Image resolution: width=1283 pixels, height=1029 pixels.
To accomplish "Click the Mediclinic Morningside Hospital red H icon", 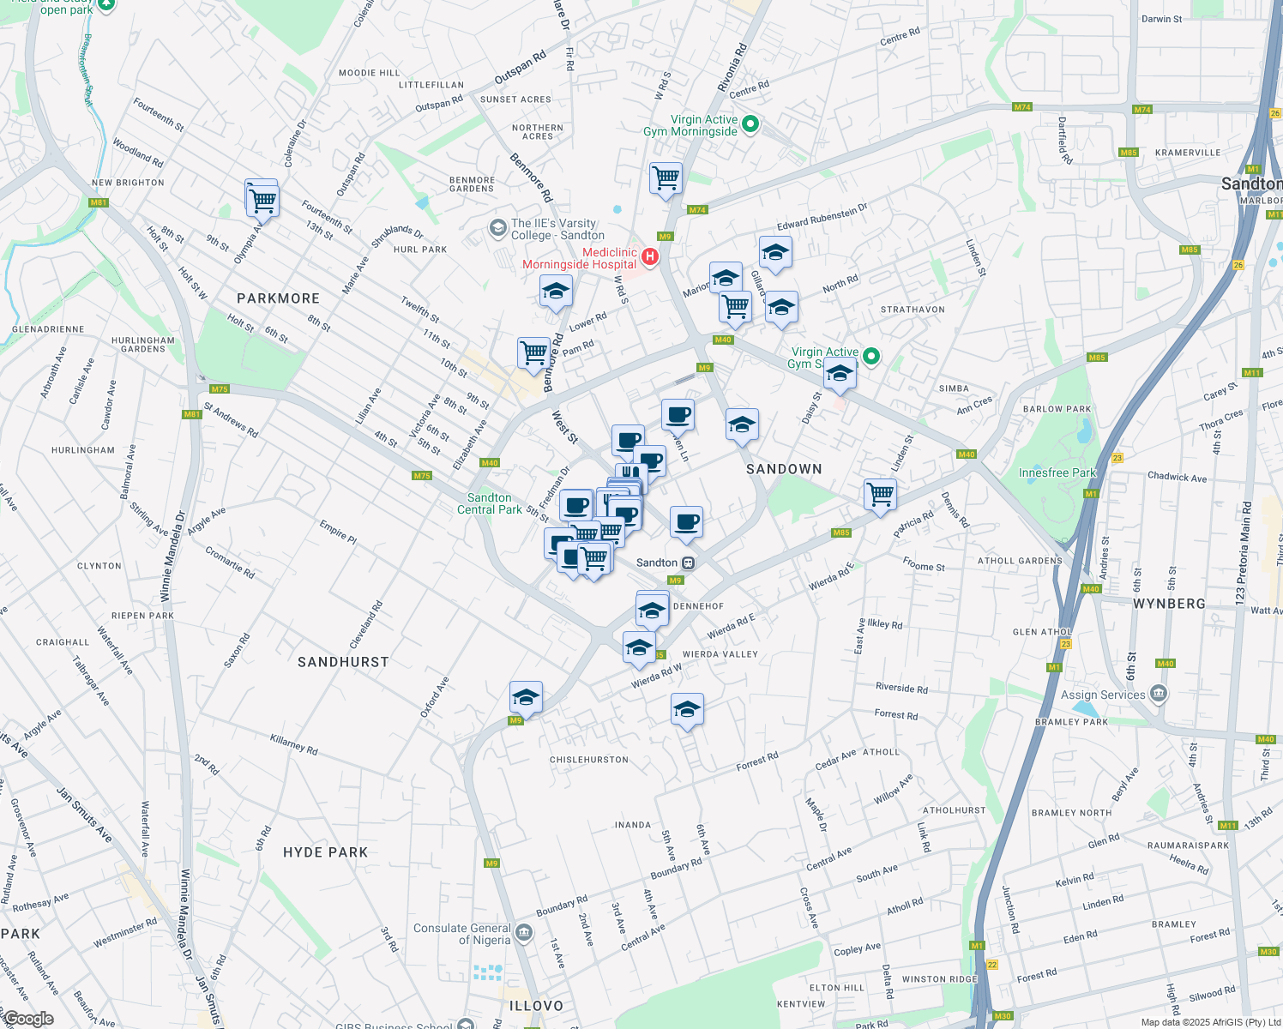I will tap(650, 256).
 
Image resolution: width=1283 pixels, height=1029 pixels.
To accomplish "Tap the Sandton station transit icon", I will tap(688, 563).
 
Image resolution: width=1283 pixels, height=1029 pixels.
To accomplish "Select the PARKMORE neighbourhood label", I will tap(278, 298).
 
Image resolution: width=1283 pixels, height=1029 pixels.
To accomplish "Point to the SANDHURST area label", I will tap(343, 662).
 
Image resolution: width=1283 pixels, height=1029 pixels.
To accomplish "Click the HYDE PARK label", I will tap(325, 852).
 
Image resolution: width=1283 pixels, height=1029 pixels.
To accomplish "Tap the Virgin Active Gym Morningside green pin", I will tap(750, 124).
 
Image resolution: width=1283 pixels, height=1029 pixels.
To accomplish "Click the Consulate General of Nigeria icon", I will tap(525, 933).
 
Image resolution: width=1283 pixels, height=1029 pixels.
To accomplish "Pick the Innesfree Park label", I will tap(1057, 472).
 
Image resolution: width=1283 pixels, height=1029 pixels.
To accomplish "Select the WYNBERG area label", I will tap(1169, 604).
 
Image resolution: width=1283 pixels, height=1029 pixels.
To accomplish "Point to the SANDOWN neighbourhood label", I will tap(784, 469).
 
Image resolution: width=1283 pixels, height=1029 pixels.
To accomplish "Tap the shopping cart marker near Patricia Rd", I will tap(880, 494).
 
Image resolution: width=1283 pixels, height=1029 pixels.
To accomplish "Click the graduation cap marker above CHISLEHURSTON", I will tap(687, 710).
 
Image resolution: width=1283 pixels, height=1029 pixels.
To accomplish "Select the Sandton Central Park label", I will tap(489, 503).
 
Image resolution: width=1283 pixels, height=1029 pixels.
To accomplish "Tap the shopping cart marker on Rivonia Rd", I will tap(666, 178).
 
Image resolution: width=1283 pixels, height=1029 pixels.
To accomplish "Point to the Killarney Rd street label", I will tap(293, 743).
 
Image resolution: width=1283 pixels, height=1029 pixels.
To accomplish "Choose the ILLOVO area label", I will tap(536, 1006).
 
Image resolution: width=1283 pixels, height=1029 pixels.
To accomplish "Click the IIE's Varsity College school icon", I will tap(497, 227).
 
